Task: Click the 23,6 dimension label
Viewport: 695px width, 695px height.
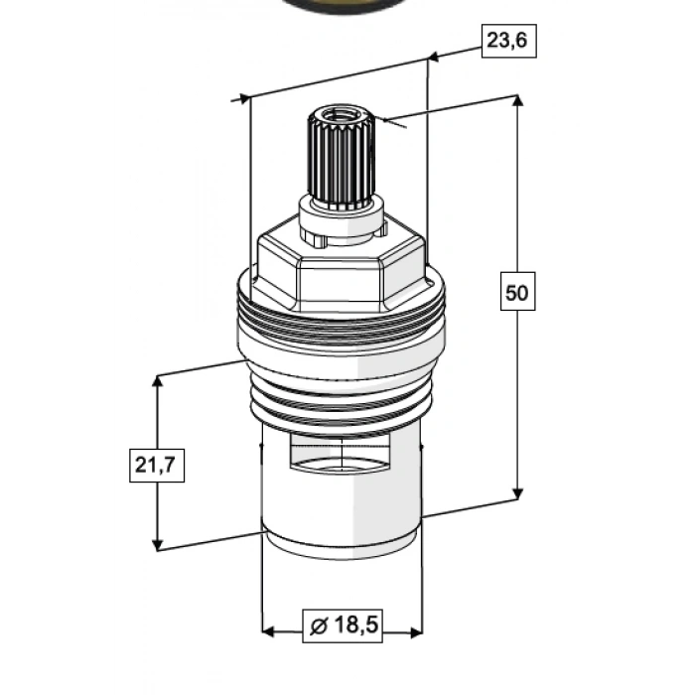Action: (x=508, y=41)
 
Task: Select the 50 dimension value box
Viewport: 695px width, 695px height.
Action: (x=517, y=291)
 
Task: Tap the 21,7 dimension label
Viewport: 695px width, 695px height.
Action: (x=157, y=465)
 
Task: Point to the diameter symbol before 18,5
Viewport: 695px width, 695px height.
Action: (x=319, y=626)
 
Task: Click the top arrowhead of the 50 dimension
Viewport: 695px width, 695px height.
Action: (x=517, y=100)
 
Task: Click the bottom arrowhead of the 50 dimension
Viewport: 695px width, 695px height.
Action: (x=517, y=493)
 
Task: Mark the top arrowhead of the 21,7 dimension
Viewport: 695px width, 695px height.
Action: (x=157, y=381)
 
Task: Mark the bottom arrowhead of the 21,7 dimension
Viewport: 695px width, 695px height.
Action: (x=157, y=545)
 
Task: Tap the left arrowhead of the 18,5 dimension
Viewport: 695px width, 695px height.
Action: (x=269, y=631)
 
